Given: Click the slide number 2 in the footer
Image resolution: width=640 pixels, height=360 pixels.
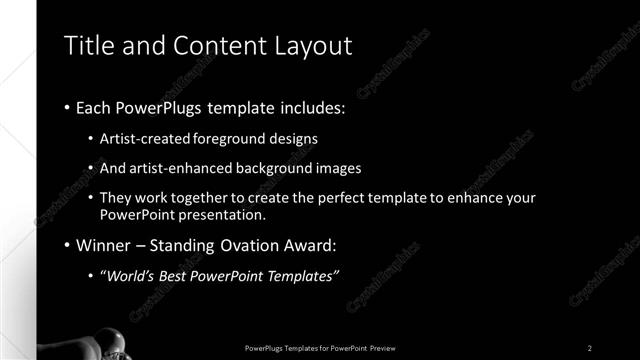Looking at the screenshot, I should [590, 348].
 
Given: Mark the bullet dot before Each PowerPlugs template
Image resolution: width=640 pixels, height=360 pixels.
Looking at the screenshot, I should [66, 106].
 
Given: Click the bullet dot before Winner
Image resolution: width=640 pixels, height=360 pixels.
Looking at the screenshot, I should [66, 245].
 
